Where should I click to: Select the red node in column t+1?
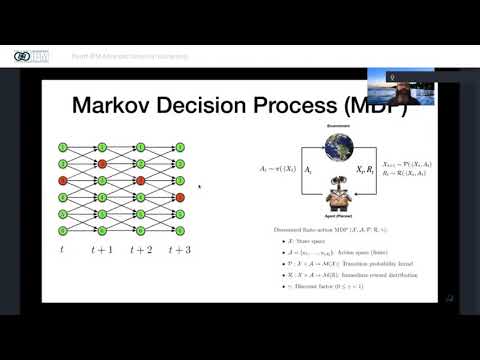pos(101,163)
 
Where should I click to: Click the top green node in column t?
pos(62,145)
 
